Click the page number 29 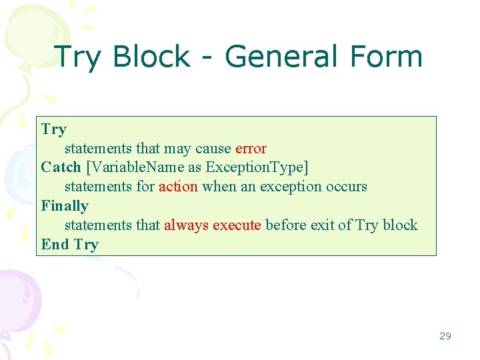tap(445, 336)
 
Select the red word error tap(251, 148)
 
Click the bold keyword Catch tap(61, 167)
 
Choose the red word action tap(178, 187)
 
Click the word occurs tap(347, 187)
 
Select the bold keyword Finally tap(65, 206)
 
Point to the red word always tap(186, 225)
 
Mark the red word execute tap(237, 225)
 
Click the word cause tap(213, 148)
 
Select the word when tap(219, 187)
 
